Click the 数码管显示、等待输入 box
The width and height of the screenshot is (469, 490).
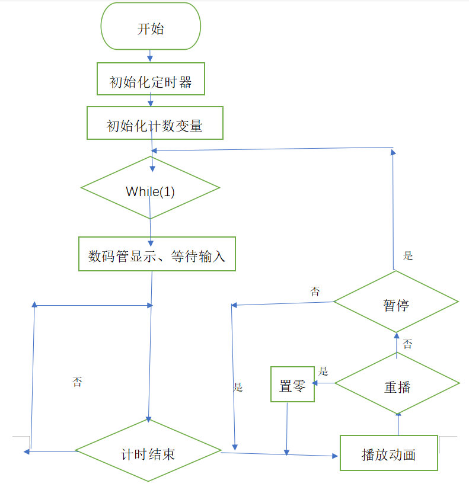(x=157, y=254)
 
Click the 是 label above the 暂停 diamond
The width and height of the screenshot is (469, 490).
(x=408, y=256)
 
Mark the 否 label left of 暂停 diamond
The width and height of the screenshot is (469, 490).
(x=314, y=291)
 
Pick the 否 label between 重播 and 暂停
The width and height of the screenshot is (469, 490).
(x=408, y=344)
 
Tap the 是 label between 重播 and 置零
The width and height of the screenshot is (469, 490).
(x=323, y=371)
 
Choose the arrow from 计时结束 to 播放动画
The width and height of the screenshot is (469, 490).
(x=279, y=454)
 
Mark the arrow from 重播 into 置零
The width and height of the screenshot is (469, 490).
(x=324, y=383)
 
